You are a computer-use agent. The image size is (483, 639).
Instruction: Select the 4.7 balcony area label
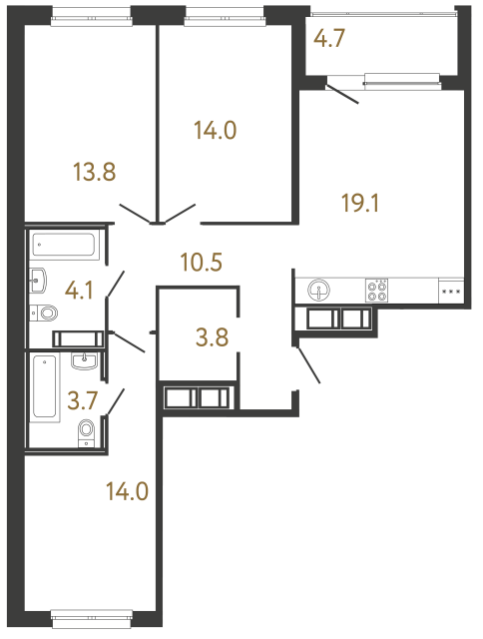tap(329, 41)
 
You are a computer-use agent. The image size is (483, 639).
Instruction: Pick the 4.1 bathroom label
tap(82, 293)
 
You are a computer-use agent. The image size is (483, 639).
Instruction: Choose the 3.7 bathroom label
tap(82, 402)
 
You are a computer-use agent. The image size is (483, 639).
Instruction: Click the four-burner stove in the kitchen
tap(377, 290)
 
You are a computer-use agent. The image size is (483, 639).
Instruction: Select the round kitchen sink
tap(319, 291)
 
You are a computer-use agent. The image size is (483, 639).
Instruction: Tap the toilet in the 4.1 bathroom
tap(46, 313)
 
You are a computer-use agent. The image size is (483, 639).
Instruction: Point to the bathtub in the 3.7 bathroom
tap(45, 388)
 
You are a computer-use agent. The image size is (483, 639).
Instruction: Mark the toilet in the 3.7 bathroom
tap(87, 431)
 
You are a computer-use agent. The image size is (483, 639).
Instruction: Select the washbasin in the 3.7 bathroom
tap(87, 359)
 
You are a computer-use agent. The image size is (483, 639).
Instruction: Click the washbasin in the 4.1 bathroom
tap(40, 278)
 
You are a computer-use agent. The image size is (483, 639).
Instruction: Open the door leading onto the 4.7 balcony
tap(344, 95)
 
